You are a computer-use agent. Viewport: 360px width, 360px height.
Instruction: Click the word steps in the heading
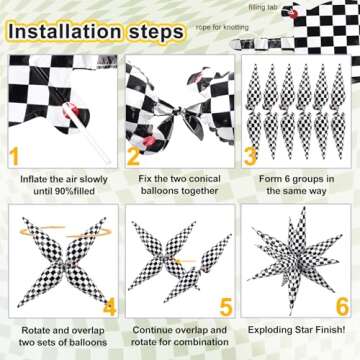click(x=151, y=30)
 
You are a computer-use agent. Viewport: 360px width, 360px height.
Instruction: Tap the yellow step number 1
click(x=15, y=156)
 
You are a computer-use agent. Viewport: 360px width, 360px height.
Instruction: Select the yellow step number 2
click(x=134, y=156)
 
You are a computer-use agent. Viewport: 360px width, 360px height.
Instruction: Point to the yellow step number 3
click(x=251, y=156)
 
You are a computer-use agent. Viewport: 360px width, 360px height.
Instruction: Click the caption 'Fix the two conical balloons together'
click(x=177, y=186)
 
